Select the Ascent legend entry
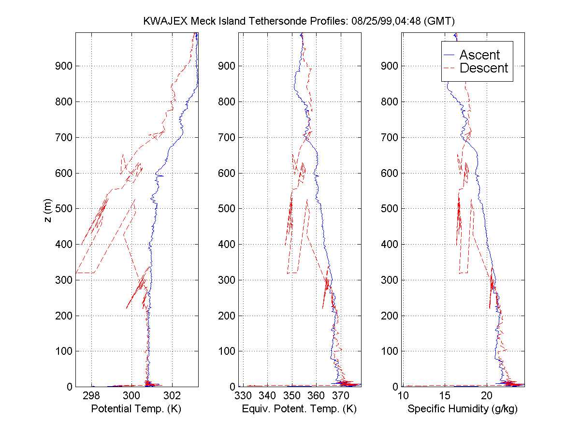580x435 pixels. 479,55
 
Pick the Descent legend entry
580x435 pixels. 483,68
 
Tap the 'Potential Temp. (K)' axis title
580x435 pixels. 136,409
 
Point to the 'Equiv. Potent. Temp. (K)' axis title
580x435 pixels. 299,409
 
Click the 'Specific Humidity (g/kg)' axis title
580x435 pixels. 463,409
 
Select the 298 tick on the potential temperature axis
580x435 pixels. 91,396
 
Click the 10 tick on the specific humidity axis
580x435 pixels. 402,396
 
